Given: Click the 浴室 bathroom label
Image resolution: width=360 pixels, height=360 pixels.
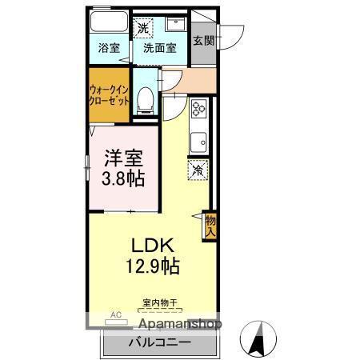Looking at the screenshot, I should (110, 48).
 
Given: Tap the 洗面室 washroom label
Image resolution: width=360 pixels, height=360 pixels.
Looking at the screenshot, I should (160, 48).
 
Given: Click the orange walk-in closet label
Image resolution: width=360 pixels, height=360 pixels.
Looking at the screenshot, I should (109, 97).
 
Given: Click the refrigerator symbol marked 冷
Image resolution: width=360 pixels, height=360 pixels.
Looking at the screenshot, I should (198, 170).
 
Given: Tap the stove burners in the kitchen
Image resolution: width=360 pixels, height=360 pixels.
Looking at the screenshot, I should (198, 108).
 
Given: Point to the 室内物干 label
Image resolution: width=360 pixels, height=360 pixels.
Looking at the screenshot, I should (159, 302).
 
